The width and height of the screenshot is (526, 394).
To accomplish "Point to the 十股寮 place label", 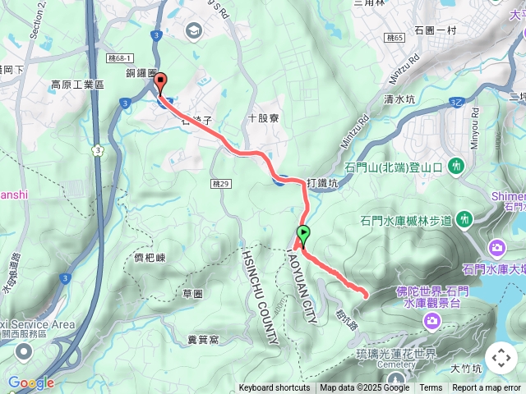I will click(264, 118).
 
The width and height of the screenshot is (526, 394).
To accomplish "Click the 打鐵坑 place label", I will click(321, 183).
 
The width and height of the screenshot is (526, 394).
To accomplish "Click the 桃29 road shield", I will click(219, 183).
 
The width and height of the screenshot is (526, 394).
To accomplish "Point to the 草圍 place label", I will click(194, 293).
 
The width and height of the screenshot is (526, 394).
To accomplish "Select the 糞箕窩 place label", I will click(201, 338).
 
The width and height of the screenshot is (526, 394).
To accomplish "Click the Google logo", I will click(30, 383).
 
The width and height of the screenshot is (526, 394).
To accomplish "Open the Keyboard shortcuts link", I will click(275, 388).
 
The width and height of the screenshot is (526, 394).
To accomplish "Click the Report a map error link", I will click(487, 388).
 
